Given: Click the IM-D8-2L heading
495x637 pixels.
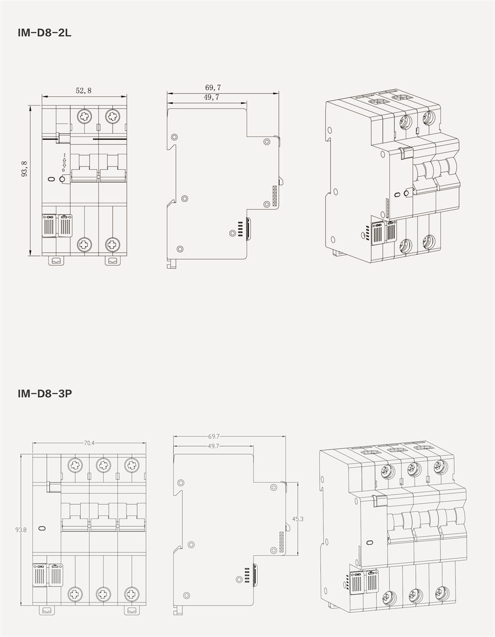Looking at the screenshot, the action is pyautogui.click(x=44, y=33).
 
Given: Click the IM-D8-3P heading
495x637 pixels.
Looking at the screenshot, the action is pyautogui.click(x=45, y=393).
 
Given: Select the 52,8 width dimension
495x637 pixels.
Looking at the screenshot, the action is pyautogui.click(x=83, y=91).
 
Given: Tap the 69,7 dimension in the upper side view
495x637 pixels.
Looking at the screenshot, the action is pyautogui.click(x=213, y=87).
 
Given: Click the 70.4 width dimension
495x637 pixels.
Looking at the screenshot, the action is pyautogui.click(x=89, y=443).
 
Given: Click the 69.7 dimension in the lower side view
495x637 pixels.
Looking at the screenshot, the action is pyautogui.click(x=214, y=436).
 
